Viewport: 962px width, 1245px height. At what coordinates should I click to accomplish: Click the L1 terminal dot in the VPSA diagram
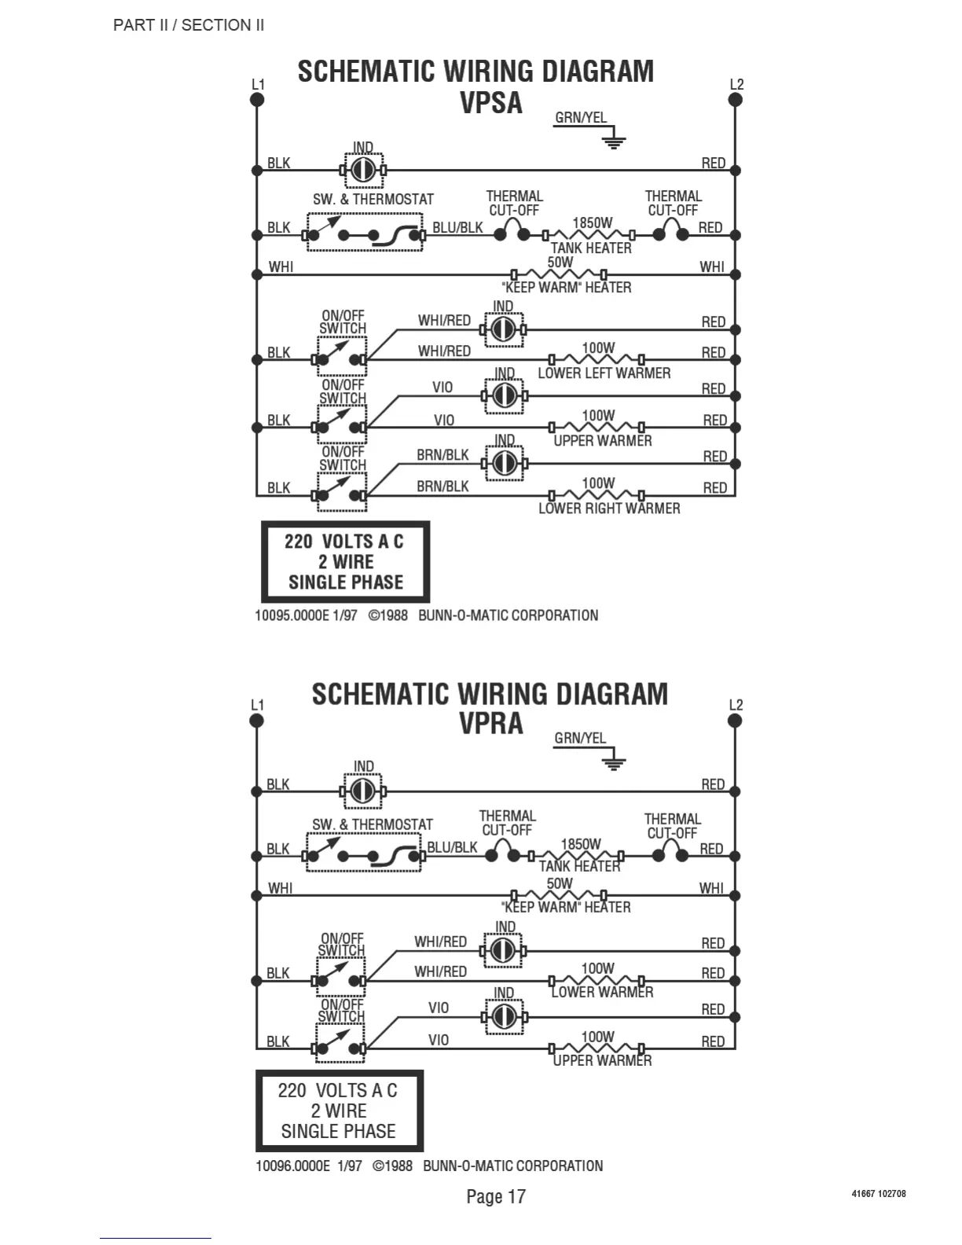[256, 100]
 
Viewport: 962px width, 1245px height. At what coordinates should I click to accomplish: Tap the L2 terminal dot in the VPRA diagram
[735, 720]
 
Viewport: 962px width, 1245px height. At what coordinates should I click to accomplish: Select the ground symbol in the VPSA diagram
[614, 141]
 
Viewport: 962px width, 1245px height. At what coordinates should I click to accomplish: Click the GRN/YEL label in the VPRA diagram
[580, 738]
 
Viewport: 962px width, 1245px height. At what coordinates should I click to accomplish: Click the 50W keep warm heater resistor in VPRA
[559, 894]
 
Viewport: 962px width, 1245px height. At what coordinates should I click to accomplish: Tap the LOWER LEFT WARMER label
[604, 373]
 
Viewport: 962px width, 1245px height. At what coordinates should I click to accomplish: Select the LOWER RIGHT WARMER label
[609, 509]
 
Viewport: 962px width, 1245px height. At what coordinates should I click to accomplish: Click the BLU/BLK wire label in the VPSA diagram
[457, 228]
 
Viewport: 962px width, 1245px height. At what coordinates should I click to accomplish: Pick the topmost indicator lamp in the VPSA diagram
[362, 170]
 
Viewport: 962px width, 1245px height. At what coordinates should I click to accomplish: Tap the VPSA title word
[491, 103]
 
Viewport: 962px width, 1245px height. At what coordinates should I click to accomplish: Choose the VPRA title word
[491, 723]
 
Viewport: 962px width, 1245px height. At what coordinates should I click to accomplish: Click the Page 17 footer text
[495, 1196]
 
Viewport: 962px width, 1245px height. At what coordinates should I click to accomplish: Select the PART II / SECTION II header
[189, 25]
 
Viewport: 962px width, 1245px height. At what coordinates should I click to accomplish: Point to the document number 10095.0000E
[292, 615]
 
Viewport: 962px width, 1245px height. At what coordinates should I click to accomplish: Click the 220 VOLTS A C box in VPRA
[339, 1111]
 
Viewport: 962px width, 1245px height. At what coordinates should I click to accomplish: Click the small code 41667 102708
[878, 1193]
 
